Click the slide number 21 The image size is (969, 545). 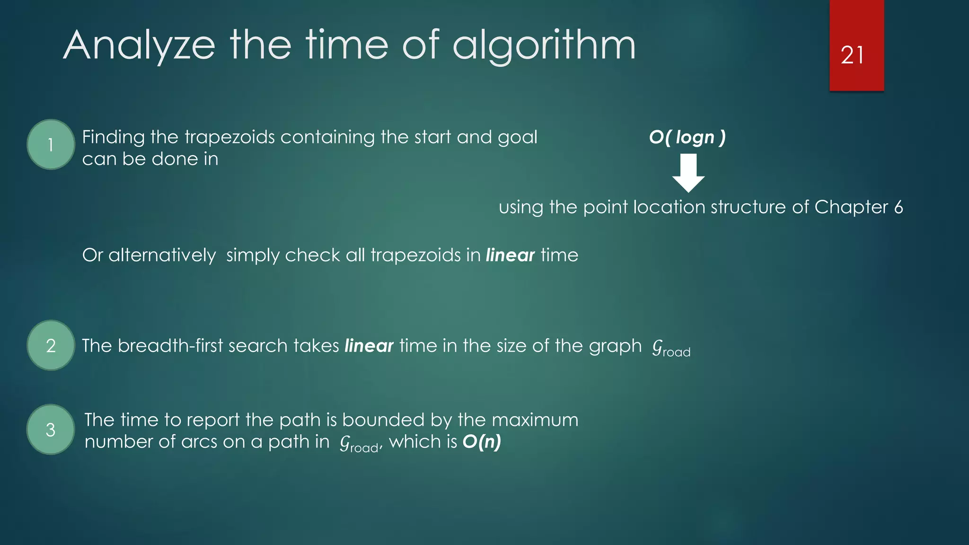[x=852, y=55]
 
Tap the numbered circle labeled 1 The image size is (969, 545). [x=51, y=144]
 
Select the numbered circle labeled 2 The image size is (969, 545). [x=51, y=345]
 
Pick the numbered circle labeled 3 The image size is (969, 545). [x=51, y=430]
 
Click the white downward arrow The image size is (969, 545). [x=688, y=173]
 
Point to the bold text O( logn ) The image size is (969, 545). [x=687, y=137]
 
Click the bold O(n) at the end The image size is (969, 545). [x=482, y=442]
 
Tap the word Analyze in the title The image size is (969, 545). [x=139, y=46]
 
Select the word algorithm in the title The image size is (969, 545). [x=544, y=46]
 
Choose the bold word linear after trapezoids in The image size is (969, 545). [x=510, y=255]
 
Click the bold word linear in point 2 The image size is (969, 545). [x=369, y=346]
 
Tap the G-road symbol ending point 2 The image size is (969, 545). [x=671, y=348]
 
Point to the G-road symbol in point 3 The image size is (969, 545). [x=359, y=444]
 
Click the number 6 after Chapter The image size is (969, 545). [x=899, y=207]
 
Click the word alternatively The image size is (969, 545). [x=162, y=255]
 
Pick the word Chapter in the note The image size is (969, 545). [x=851, y=207]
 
